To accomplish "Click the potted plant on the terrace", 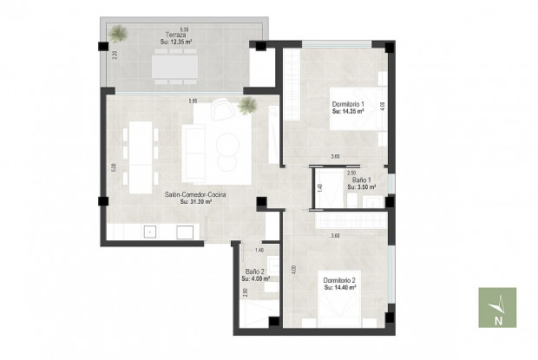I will pos(118,34).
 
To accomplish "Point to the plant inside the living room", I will pos(248,106).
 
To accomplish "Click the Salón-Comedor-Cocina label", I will pos(195,195).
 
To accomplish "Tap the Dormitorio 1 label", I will pos(348,105).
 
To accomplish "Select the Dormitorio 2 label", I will pos(340,280).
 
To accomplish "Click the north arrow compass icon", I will pos(497,308).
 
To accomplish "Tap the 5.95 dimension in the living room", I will pos(193,102).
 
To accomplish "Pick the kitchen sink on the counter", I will pos(150,232).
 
